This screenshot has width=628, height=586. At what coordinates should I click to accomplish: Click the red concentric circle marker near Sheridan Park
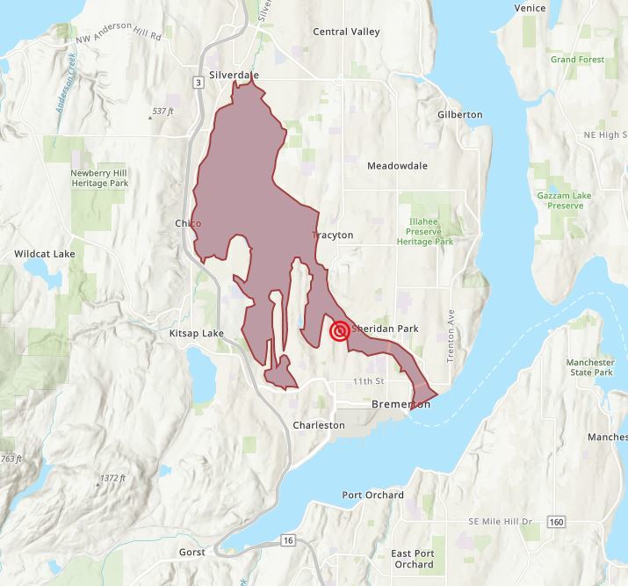tap(339, 331)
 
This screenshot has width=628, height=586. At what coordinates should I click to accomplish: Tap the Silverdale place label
tap(235, 76)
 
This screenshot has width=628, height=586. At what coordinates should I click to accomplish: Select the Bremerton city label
tap(401, 404)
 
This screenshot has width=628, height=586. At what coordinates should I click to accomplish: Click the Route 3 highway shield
tap(199, 82)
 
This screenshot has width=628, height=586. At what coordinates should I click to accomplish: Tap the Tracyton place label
tap(333, 235)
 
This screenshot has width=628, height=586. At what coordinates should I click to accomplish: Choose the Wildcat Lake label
tap(44, 254)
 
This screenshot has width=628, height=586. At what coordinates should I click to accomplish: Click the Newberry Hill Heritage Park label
tap(98, 178)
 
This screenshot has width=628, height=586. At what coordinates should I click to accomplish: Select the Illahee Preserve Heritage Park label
tap(425, 231)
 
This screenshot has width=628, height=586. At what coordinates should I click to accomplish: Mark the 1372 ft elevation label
tap(111, 478)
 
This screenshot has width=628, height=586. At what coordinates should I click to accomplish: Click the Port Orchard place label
tap(372, 495)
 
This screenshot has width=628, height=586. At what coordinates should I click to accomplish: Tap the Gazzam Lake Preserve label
tap(559, 200)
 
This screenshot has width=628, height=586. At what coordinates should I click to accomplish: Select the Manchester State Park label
tap(589, 367)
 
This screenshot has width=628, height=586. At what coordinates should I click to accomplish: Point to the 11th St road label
tap(368, 381)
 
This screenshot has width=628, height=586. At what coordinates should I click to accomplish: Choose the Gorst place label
tap(191, 553)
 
